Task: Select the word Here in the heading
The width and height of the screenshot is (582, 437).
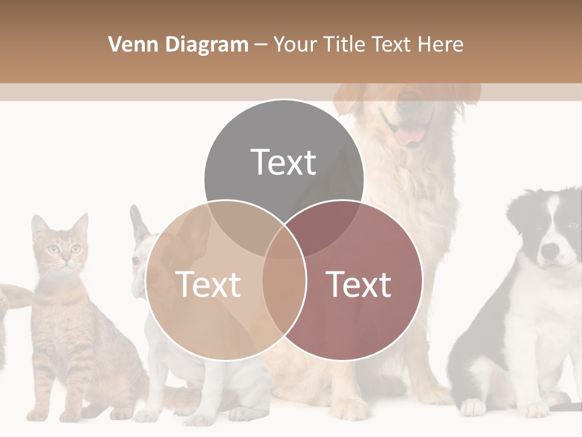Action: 443,44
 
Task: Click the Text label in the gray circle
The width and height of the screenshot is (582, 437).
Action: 284,162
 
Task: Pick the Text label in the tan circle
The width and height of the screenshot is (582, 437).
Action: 208,284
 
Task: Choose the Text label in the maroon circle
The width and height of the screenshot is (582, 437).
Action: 359,284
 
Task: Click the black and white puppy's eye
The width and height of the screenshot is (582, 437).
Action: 539,228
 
